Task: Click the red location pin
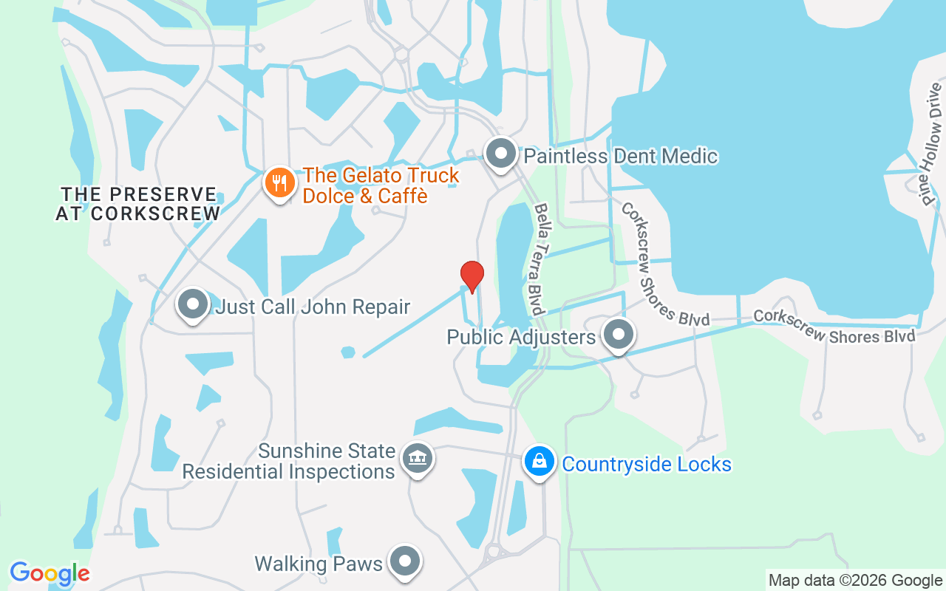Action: [x=472, y=276]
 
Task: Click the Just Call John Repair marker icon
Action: [x=193, y=304]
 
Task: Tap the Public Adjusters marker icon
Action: [x=619, y=335]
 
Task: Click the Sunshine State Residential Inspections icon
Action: [x=418, y=459]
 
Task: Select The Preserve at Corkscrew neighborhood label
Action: [x=138, y=204]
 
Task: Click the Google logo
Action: [x=50, y=573]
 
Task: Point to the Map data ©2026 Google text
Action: [x=855, y=581]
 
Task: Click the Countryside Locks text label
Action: [x=647, y=464]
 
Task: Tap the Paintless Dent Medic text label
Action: [x=621, y=156]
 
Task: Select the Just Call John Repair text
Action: [x=312, y=306]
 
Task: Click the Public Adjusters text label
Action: [x=521, y=338]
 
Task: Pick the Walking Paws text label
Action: [x=319, y=564]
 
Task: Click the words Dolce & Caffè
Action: [x=366, y=196]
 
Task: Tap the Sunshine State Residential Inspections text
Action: [x=290, y=461]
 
